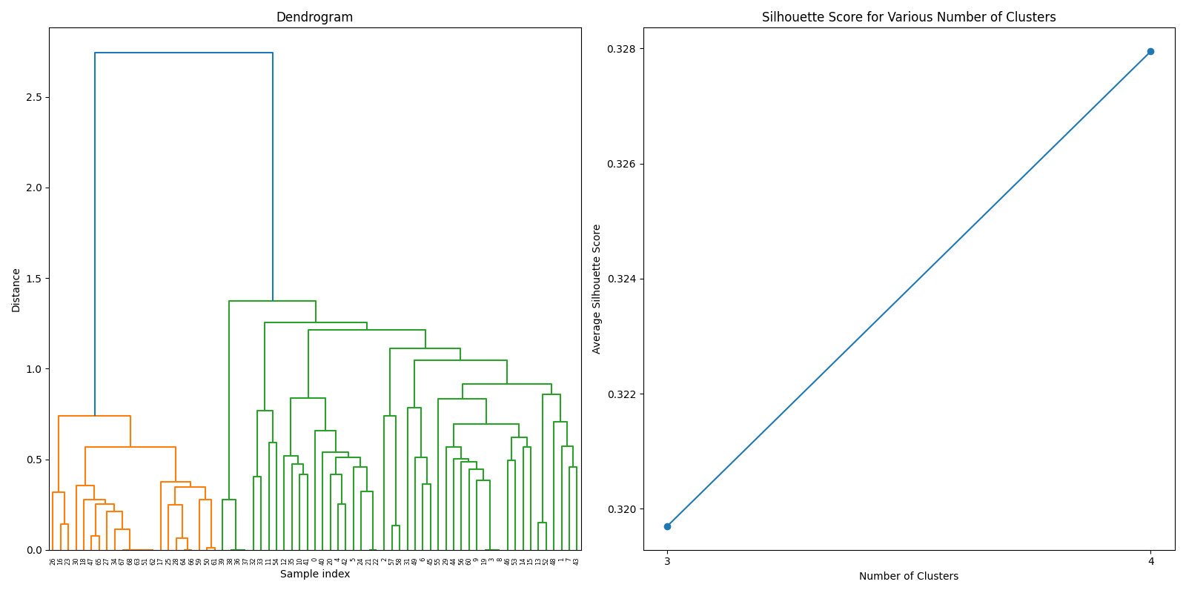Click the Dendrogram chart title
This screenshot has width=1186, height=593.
click(x=314, y=17)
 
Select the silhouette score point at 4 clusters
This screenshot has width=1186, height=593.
click(x=1150, y=51)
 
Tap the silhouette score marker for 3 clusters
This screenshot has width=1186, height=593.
click(x=667, y=526)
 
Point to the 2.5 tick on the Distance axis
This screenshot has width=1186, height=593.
click(x=34, y=97)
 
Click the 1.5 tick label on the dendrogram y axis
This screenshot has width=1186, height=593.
click(x=34, y=279)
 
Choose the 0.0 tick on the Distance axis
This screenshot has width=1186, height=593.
click(x=34, y=550)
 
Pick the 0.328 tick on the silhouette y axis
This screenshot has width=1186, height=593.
click(x=621, y=49)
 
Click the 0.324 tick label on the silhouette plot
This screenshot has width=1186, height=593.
click(x=621, y=279)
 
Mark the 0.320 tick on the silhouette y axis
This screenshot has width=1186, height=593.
click(x=621, y=509)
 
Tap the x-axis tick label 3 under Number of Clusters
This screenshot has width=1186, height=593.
click(x=667, y=561)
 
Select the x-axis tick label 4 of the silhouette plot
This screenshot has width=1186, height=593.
click(x=1150, y=561)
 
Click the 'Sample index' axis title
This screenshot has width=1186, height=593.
click(x=314, y=574)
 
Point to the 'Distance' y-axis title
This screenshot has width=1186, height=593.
click(x=16, y=290)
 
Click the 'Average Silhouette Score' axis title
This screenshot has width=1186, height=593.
click(x=597, y=289)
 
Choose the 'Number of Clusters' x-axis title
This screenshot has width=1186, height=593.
click(x=908, y=576)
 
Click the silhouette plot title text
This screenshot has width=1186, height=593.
click(x=908, y=17)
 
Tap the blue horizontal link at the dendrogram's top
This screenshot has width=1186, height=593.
click(x=184, y=53)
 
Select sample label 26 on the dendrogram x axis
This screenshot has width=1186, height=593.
click(x=53, y=561)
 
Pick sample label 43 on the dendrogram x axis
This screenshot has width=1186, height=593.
click(x=576, y=561)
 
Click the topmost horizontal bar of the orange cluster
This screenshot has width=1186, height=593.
click(x=94, y=416)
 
